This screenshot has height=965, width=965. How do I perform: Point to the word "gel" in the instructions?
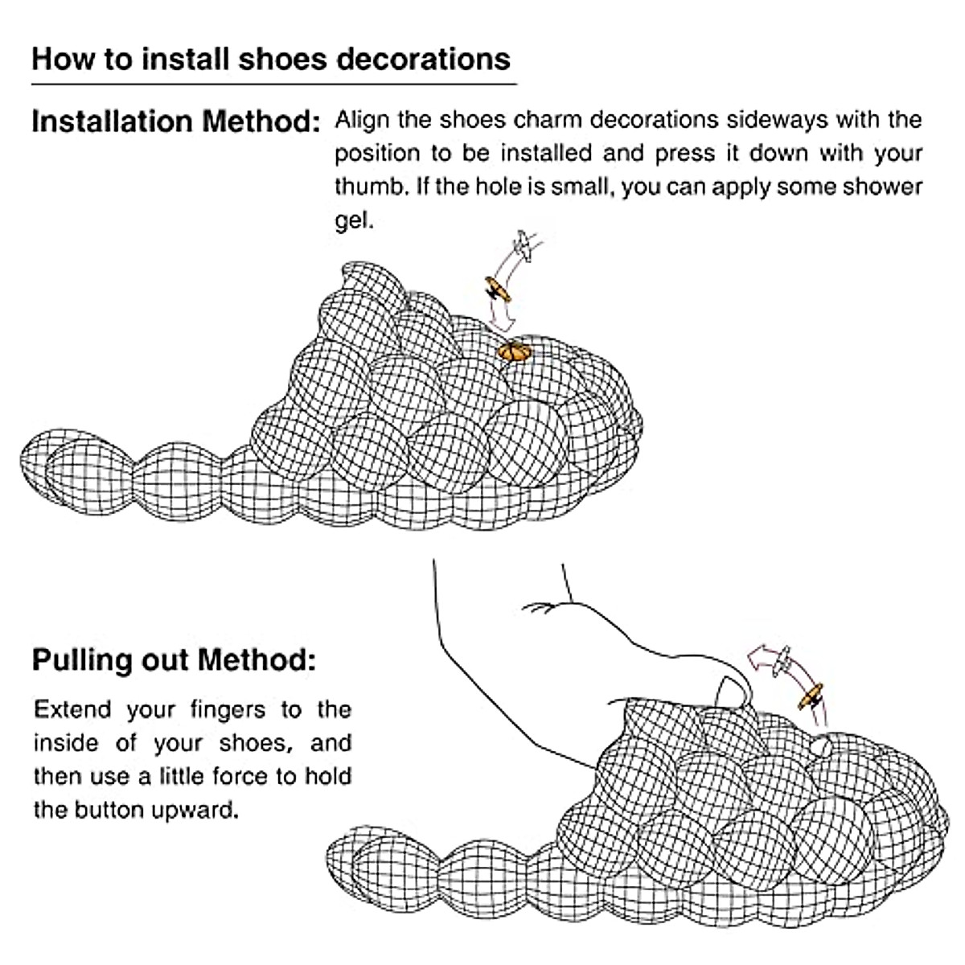pos(353,221)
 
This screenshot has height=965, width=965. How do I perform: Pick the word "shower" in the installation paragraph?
pos(882,187)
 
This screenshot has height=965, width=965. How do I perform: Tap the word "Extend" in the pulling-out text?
pos(72,709)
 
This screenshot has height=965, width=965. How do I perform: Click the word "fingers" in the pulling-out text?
pos(228,709)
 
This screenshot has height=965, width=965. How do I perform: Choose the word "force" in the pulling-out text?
pos(245,776)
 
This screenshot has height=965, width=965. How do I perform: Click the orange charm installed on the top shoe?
pos(513,351)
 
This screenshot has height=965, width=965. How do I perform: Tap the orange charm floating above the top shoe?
pos(498,288)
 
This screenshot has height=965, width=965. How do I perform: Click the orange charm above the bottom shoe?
pos(811,696)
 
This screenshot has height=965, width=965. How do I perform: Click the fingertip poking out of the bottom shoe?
pos(732,692)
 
